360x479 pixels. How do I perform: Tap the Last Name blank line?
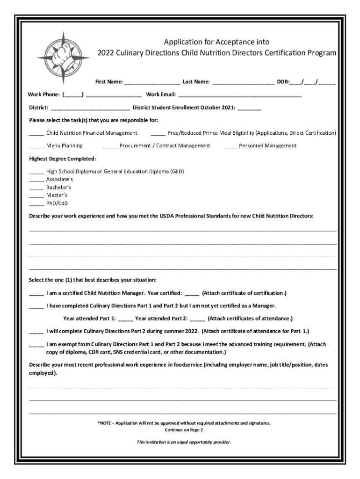point(243,83)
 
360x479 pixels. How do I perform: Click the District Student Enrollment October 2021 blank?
point(250,108)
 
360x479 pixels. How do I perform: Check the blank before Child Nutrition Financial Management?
point(36,134)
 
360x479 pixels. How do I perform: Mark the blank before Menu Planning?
point(36,146)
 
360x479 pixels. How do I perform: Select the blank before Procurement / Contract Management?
point(109,146)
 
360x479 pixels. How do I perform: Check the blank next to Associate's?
point(36,180)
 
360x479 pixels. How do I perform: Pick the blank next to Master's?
point(36,196)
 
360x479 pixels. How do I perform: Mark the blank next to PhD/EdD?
point(36,203)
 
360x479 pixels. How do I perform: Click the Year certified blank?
point(192,294)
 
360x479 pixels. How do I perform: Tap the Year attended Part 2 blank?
point(197,319)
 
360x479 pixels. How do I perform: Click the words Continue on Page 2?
point(184,430)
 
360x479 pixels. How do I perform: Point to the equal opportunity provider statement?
point(184,442)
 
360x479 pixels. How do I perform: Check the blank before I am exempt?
point(36,345)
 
